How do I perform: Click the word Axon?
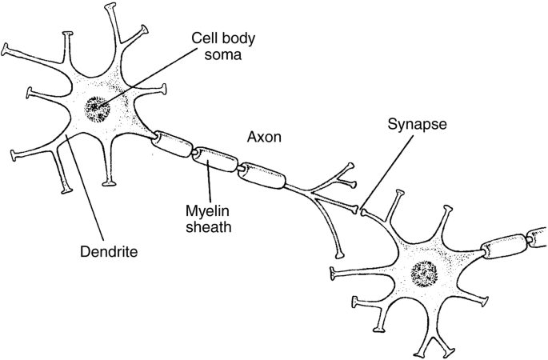coord(264,137)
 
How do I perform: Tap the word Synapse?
coord(415,125)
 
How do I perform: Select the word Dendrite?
coord(109,253)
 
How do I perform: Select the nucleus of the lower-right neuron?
coord(422,274)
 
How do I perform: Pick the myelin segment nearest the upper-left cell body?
coord(171,143)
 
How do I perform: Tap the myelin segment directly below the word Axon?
coord(262,174)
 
